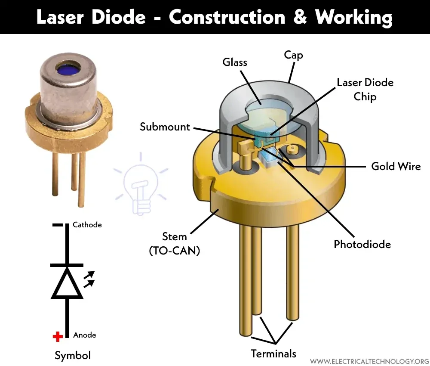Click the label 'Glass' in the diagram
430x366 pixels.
[x=235, y=62]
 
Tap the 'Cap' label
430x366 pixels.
[x=293, y=55]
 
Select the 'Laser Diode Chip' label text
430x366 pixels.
[x=365, y=90]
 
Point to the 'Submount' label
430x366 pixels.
[x=165, y=127]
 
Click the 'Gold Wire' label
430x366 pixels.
[x=396, y=166]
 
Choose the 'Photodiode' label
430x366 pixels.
[x=362, y=244]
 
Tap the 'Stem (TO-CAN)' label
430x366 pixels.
[x=175, y=244]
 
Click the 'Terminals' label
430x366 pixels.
[x=273, y=354]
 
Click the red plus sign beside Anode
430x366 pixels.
[x=58, y=336]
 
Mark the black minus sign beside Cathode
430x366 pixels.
[x=58, y=225]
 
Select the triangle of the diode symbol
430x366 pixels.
[x=67, y=283]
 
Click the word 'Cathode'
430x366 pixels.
[x=87, y=225]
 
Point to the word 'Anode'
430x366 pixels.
[x=84, y=335]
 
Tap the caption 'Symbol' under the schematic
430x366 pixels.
[x=73, y=356]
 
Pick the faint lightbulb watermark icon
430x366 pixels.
[x=141, y=183]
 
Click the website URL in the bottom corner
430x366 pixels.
[x=370, y=361]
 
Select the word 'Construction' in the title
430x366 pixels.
[x=227, y=17]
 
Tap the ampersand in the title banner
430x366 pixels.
[x=300, y=17]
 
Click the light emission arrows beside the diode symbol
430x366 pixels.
[x=89, y=279]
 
